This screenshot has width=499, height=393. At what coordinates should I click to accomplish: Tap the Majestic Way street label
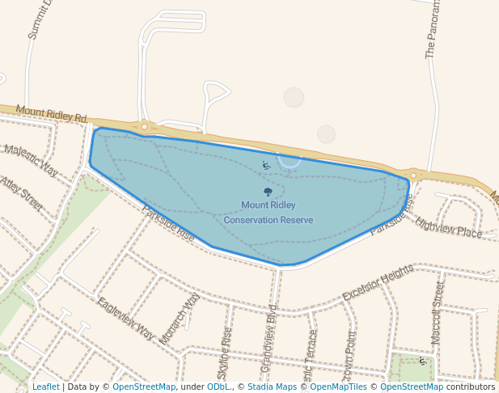(31, 159)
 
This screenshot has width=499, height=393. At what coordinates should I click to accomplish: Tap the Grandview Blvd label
(269, 340)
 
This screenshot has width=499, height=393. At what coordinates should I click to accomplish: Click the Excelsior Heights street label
(378, 282)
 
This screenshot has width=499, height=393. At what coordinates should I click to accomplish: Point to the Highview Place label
(448, 226)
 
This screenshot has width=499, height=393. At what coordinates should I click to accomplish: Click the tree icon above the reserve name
(268, 192)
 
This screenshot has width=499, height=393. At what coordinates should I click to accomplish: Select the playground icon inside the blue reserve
(266, 165)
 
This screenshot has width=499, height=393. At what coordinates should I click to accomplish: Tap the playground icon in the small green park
(421, 361)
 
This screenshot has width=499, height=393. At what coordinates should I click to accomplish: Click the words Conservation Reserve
(268, 220)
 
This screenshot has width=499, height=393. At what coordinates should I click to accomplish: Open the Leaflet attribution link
(45, 387)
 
